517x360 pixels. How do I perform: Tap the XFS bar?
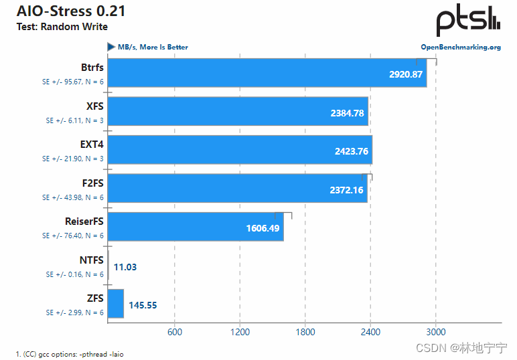(238, 112)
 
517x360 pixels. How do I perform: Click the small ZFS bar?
(115, 304)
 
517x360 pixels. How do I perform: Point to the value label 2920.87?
(406, 74)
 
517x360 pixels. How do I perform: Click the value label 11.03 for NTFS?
(125, 267)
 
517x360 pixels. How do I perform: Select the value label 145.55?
(143, 305)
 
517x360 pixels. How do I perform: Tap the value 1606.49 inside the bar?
(263, 228)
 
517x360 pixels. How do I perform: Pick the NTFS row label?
(91, 260)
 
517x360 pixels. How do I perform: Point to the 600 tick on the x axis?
(174, 332)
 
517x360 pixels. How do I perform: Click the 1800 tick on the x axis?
(305, 332)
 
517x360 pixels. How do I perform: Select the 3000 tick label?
(436, 332)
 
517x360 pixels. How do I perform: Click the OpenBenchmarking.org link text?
(460, 48)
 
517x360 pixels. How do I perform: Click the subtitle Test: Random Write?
(62, 27)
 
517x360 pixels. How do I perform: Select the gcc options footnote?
(70, 354)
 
